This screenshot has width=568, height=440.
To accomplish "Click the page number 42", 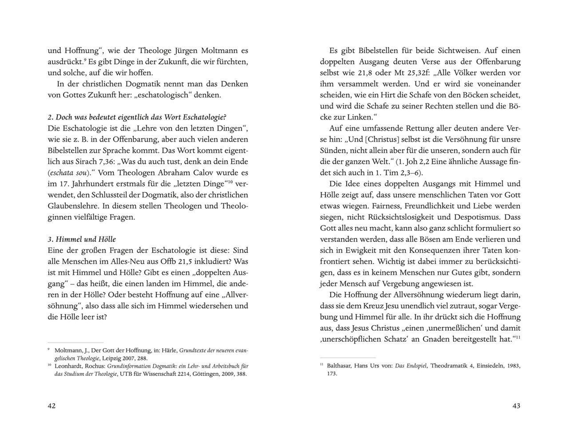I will [52, 406].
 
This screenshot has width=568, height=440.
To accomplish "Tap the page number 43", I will [516, 406].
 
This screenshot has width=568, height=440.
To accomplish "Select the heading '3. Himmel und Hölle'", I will [82, 239].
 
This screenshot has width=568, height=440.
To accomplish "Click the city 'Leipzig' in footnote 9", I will [111, 358].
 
